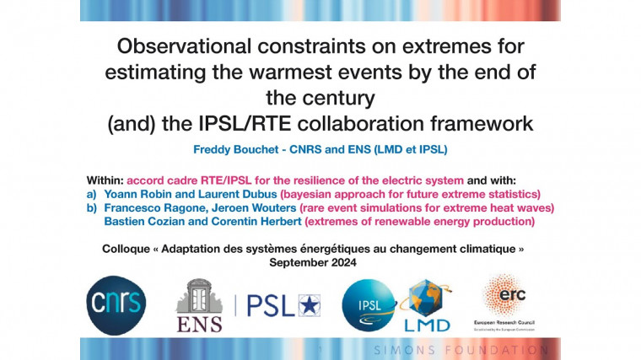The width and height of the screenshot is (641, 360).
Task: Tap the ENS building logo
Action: coord(199,304)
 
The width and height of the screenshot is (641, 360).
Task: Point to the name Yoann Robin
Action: coord(138,193)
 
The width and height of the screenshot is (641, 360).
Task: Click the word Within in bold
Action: coord(104,180)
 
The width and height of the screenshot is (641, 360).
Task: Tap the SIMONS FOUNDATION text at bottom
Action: coord(461,348)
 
